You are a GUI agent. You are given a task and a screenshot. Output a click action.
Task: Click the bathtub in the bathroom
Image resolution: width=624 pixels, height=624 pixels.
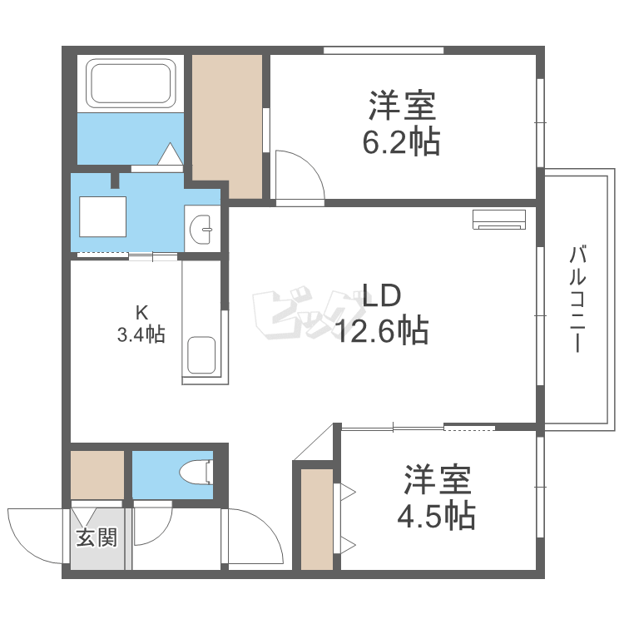[131, 82]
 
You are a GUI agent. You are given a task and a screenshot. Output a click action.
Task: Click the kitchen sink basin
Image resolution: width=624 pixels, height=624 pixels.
[202, 355]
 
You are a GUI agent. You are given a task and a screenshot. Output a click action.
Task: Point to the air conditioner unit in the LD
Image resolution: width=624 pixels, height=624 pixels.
[499, 219]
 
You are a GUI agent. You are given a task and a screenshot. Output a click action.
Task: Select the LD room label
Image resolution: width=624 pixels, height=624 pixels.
[381, 295]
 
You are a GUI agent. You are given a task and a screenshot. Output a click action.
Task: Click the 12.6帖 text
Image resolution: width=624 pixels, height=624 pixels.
[382, 330]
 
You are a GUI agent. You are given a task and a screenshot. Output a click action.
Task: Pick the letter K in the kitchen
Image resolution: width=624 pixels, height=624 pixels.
[141, 314]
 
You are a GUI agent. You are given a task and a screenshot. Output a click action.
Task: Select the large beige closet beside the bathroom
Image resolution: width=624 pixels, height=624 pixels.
[228, 125]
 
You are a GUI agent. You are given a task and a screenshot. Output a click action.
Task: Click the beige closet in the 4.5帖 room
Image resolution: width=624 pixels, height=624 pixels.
[316, 519]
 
